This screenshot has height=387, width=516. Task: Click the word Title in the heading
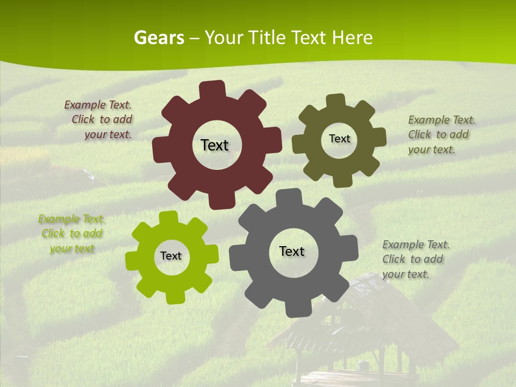tap(269, 38)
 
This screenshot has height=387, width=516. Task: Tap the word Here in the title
tap(352, 38)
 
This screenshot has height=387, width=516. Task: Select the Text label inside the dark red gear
tap(214, 145)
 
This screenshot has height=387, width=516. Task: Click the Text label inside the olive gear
tap(339, 139)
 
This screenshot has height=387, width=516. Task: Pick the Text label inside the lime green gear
tap(171, 256)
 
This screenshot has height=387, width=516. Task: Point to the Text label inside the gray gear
tap(292, 251)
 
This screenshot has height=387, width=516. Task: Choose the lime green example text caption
tap(71, 233)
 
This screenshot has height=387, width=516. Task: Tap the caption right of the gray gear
tap(414, 259)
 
